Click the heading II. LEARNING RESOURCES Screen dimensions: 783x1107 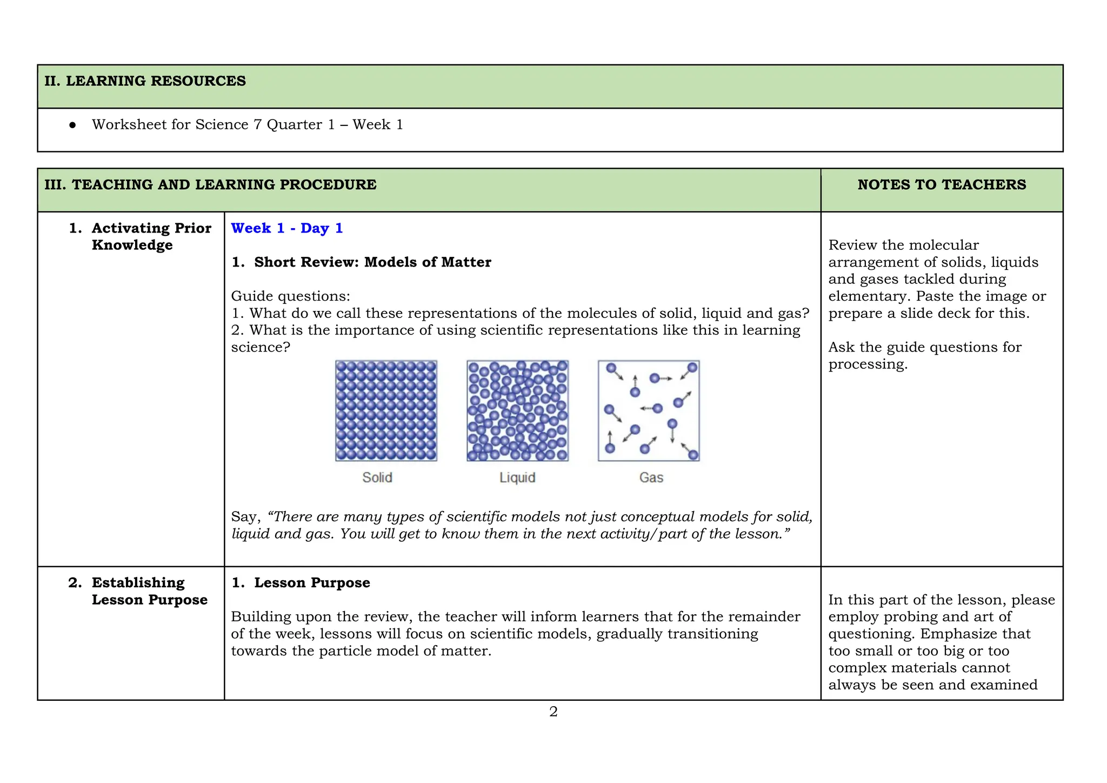(x=145, y=81)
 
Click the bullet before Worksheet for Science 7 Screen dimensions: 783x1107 (x=72, y=125)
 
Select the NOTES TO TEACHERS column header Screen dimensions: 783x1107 (x=941, y=185)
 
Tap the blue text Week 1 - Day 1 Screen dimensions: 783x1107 (x=286, y=228)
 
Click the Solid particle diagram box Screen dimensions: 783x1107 (x=386, y=410)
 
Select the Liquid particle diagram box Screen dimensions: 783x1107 (x=517, y=410)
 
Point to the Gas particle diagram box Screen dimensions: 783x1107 (x=649, y=410)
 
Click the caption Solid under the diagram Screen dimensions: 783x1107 (x=377, y=477)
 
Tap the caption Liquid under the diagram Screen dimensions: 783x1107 (x=517, y=477)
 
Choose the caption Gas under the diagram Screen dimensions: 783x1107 (x=651, y=477)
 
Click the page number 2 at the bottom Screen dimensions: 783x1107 (x=553, y=712)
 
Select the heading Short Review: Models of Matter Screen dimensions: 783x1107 (x=372, y=262)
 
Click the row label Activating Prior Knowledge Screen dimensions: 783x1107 (x=151, y=236)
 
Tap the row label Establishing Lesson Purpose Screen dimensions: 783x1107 (x=149, y=591)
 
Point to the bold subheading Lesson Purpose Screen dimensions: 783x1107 (x=312, y=583)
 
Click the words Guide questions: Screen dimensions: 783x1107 (x=290, y=296)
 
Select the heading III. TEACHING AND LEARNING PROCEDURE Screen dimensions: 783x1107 (x=210, y=185)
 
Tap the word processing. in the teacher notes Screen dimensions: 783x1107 (x=868, y=364)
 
